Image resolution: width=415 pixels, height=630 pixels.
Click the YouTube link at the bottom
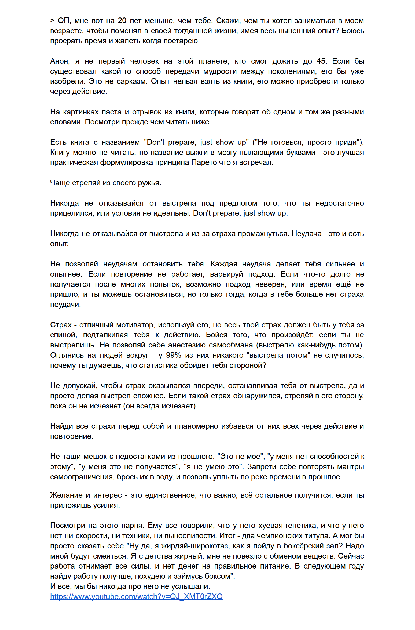[x=136, y=596]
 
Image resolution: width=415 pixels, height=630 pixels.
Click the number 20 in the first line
[x=122, y=21]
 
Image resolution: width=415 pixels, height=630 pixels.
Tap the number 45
[x=321, y=61]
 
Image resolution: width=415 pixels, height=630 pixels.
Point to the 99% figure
[x=174, y=355]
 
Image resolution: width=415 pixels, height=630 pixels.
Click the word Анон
[x=60, y=61]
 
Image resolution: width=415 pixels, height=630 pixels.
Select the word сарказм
[x=133, y=81]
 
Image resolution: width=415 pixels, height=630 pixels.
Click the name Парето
[x=202, y=162]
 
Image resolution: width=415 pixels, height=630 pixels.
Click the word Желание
[x=66, y=495]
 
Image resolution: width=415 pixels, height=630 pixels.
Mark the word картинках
[x=81, y=112]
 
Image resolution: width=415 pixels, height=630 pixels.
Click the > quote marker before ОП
[x=52, y=21]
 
